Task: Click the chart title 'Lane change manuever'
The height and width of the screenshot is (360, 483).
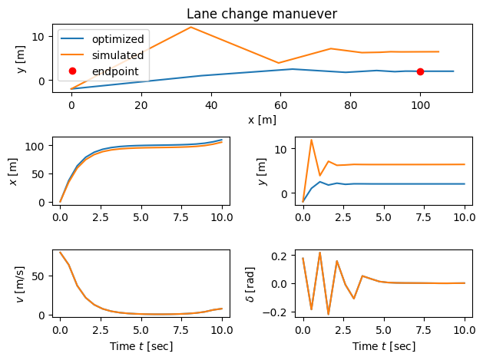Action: pos(263,13)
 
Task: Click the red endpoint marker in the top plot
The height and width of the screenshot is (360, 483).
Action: pos(420,71)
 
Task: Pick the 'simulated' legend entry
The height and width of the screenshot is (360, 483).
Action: pos(109,55)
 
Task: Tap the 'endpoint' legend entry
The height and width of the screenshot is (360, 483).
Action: pos(109,71)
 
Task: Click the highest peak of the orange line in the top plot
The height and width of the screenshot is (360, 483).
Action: pos(190,28)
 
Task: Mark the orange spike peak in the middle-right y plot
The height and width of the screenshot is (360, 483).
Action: pos(311,140)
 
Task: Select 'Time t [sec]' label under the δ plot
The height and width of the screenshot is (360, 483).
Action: pos(383,346)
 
